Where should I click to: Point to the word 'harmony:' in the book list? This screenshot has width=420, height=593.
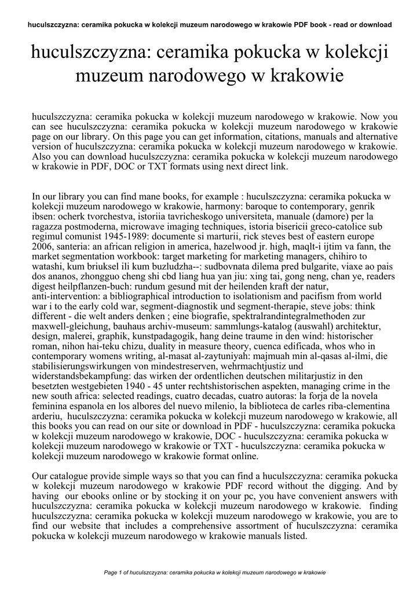coord(258,206)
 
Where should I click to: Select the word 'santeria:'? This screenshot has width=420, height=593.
coord(74,246)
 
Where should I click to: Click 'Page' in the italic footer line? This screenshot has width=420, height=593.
coord(111,573)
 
